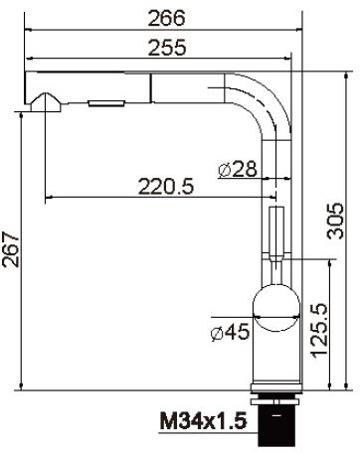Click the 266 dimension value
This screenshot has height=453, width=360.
[166, 18]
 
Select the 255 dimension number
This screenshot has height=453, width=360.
[167, 47]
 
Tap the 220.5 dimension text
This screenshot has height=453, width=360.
[166, 186]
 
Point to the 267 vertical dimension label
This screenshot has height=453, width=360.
[10, 249]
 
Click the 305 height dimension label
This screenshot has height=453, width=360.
[335, 221]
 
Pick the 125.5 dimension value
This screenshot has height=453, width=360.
[319, 331]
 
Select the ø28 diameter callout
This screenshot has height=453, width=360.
[238, 169]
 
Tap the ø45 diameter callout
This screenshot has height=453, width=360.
[230, 332]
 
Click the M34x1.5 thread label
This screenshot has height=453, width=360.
[204, 420]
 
